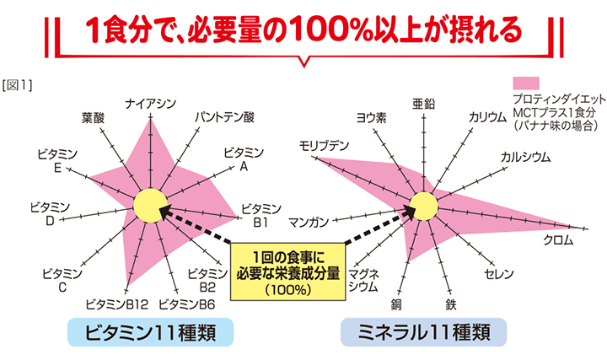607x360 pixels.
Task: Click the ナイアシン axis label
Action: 151,104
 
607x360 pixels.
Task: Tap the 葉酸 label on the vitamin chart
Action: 93,118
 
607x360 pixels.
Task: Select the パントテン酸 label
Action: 224,117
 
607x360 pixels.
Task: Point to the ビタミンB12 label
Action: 117,304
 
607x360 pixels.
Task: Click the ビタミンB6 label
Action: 187,304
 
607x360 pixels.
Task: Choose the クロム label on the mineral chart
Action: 558,240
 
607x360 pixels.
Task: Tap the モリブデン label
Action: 324,146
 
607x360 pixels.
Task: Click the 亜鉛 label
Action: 423,104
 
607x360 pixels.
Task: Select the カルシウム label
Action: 525,157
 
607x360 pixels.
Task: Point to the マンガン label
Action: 309,223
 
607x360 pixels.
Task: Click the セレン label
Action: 499,274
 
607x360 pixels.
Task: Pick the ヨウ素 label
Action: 371,118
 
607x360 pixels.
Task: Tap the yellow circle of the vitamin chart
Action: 151,206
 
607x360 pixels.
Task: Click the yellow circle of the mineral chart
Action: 424,207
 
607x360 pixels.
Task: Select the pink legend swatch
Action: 526,83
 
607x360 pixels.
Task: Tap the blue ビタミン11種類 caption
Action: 151,332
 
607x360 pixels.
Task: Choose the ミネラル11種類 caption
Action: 423,332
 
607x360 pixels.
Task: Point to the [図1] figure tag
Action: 17,85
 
